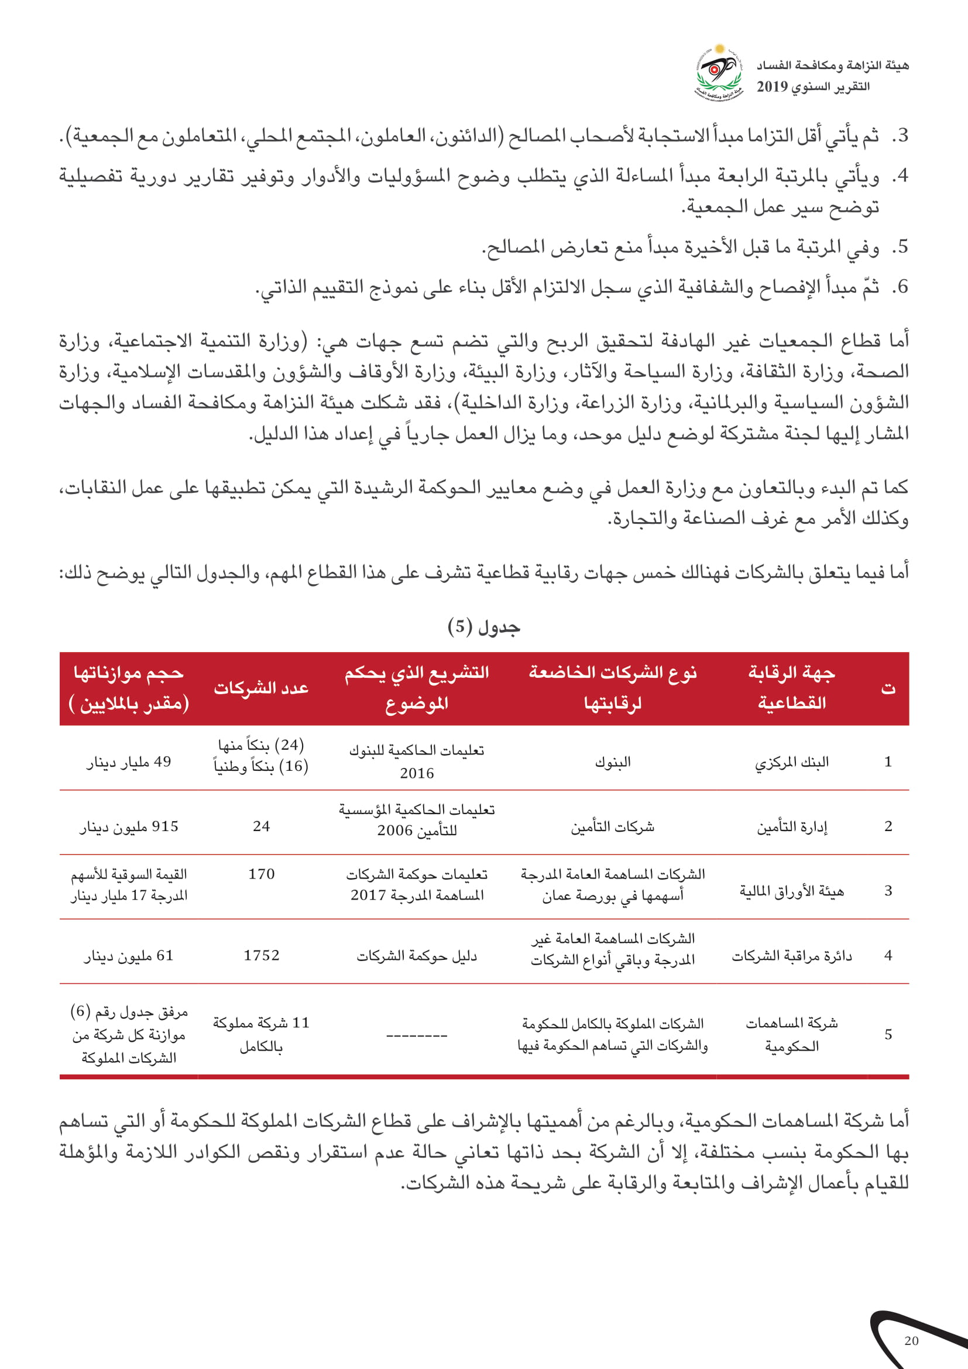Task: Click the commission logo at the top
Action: click(719, 71)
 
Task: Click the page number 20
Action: click(911, 1341)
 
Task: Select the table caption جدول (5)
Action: click(483, 627)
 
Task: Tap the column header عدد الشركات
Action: click(261, 688)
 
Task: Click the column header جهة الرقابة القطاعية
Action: click(792, 688)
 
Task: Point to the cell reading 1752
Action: click(261, 955)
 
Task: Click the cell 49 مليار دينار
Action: click(129, 762)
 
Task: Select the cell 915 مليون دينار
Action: click(129, 826)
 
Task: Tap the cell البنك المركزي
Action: click(792, 762)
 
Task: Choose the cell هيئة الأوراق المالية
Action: click(792, 891)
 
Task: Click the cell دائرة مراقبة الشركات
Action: click(792, 955)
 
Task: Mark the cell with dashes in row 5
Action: click(417, 1035)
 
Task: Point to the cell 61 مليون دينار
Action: click(129, 955)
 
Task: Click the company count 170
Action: click(261, 874)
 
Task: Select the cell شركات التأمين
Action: click(612, 826)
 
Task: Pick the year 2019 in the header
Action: click(772, 87)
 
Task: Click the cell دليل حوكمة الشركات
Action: click(417, 955)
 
